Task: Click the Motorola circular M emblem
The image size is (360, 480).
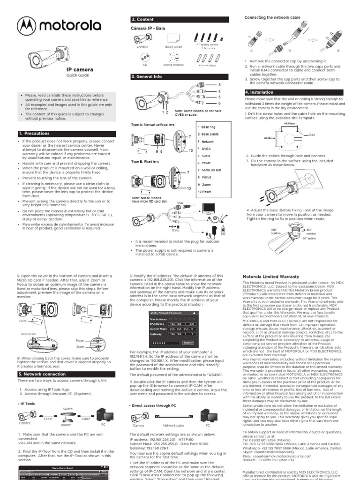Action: [28, 25]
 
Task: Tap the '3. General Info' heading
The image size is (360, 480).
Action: [146, 76]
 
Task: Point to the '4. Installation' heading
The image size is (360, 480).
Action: [260, 92]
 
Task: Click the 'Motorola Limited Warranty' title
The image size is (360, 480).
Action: [270, 277]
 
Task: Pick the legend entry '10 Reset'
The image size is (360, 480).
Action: [205, 192]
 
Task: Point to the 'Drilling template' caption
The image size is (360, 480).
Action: [173, 65]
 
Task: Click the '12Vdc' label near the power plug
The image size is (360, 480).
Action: [175, 230]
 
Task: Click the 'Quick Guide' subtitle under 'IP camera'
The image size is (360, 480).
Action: [77, 75]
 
